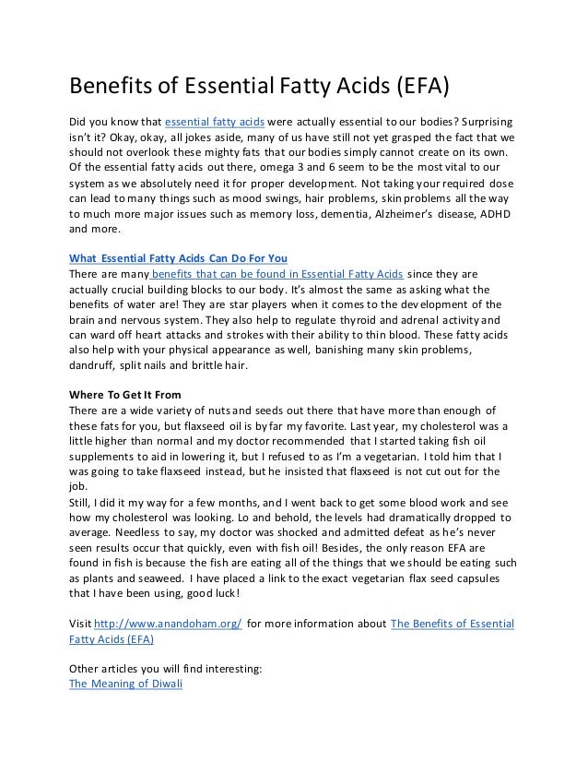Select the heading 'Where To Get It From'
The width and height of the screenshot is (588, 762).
pos(125,397)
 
